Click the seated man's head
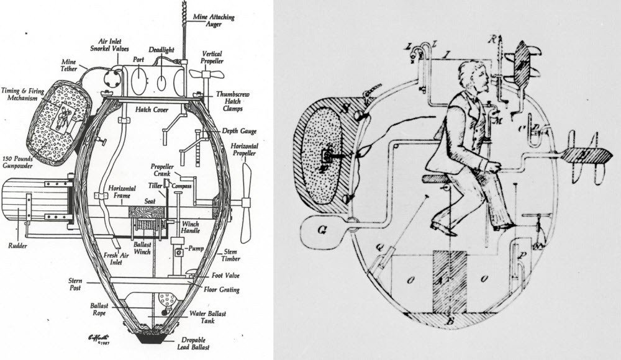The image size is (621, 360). (471, 79)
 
